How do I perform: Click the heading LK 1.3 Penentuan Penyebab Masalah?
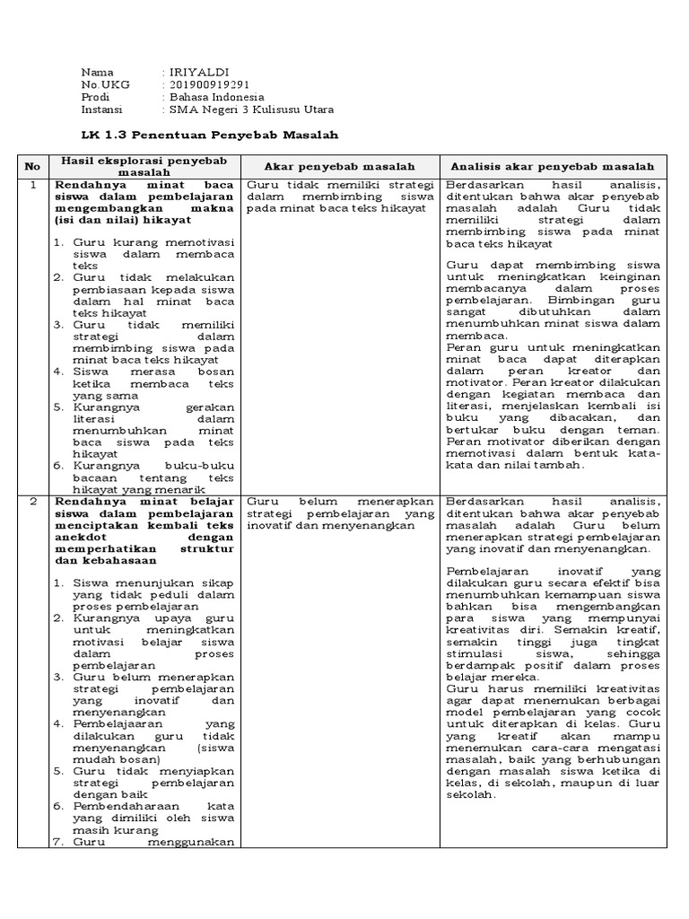coord(197,135)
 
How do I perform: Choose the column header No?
coord(32,166)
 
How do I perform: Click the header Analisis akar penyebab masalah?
coord(553,166)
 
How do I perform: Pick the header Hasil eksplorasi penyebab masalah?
coord(144,166)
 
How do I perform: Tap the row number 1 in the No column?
coord(32,185)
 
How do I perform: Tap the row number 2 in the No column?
coord(32,500)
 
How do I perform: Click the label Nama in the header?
coord(98,72)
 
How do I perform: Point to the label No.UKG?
coord(105,84)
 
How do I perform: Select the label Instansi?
coord(103,109)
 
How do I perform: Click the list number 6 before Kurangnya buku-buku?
coord(57,467)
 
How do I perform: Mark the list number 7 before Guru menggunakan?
coord(57,841)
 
